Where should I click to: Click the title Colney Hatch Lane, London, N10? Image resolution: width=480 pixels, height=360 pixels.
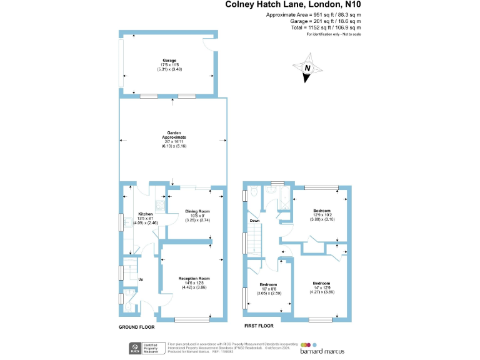[293, 5]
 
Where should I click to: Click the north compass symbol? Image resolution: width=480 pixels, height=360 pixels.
[306, 70]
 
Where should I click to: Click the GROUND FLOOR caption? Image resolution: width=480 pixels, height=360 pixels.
[137, 327]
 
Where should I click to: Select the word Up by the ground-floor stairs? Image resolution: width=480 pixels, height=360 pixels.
[141, 279]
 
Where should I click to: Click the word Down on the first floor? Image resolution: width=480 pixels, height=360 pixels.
[255, 221]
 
